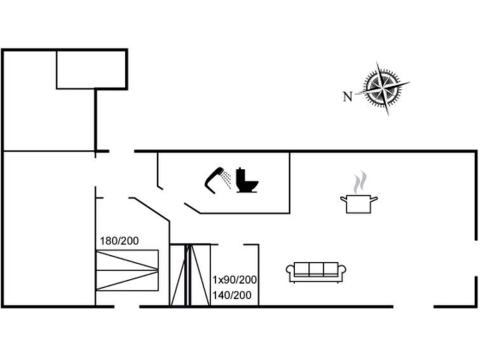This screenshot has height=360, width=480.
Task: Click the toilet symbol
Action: point(247,181)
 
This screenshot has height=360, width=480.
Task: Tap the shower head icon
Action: point(214,180)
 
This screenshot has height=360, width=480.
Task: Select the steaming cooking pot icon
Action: point(359,192)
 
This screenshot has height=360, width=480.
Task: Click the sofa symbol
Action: point(316,272)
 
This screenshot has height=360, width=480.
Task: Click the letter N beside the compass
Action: point(348,97)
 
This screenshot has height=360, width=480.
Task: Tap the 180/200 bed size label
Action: point(119,241)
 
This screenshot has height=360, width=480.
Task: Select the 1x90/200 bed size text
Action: point(235,279)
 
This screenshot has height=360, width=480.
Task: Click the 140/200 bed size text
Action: point(232,295)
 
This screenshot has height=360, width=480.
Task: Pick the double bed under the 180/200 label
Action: point(127,270)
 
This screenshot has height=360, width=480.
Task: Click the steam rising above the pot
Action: point(360,183)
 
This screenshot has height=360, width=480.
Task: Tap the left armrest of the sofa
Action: point(290,271)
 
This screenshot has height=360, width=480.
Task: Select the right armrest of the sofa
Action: point(342,271)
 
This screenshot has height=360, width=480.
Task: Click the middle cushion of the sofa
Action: point(316,269)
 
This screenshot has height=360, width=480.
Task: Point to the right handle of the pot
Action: point(374,199)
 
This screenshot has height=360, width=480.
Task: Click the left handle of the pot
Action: point(343,199)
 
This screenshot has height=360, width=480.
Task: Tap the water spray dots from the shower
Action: point(226,179)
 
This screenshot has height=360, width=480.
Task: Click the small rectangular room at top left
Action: point(91,69)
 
